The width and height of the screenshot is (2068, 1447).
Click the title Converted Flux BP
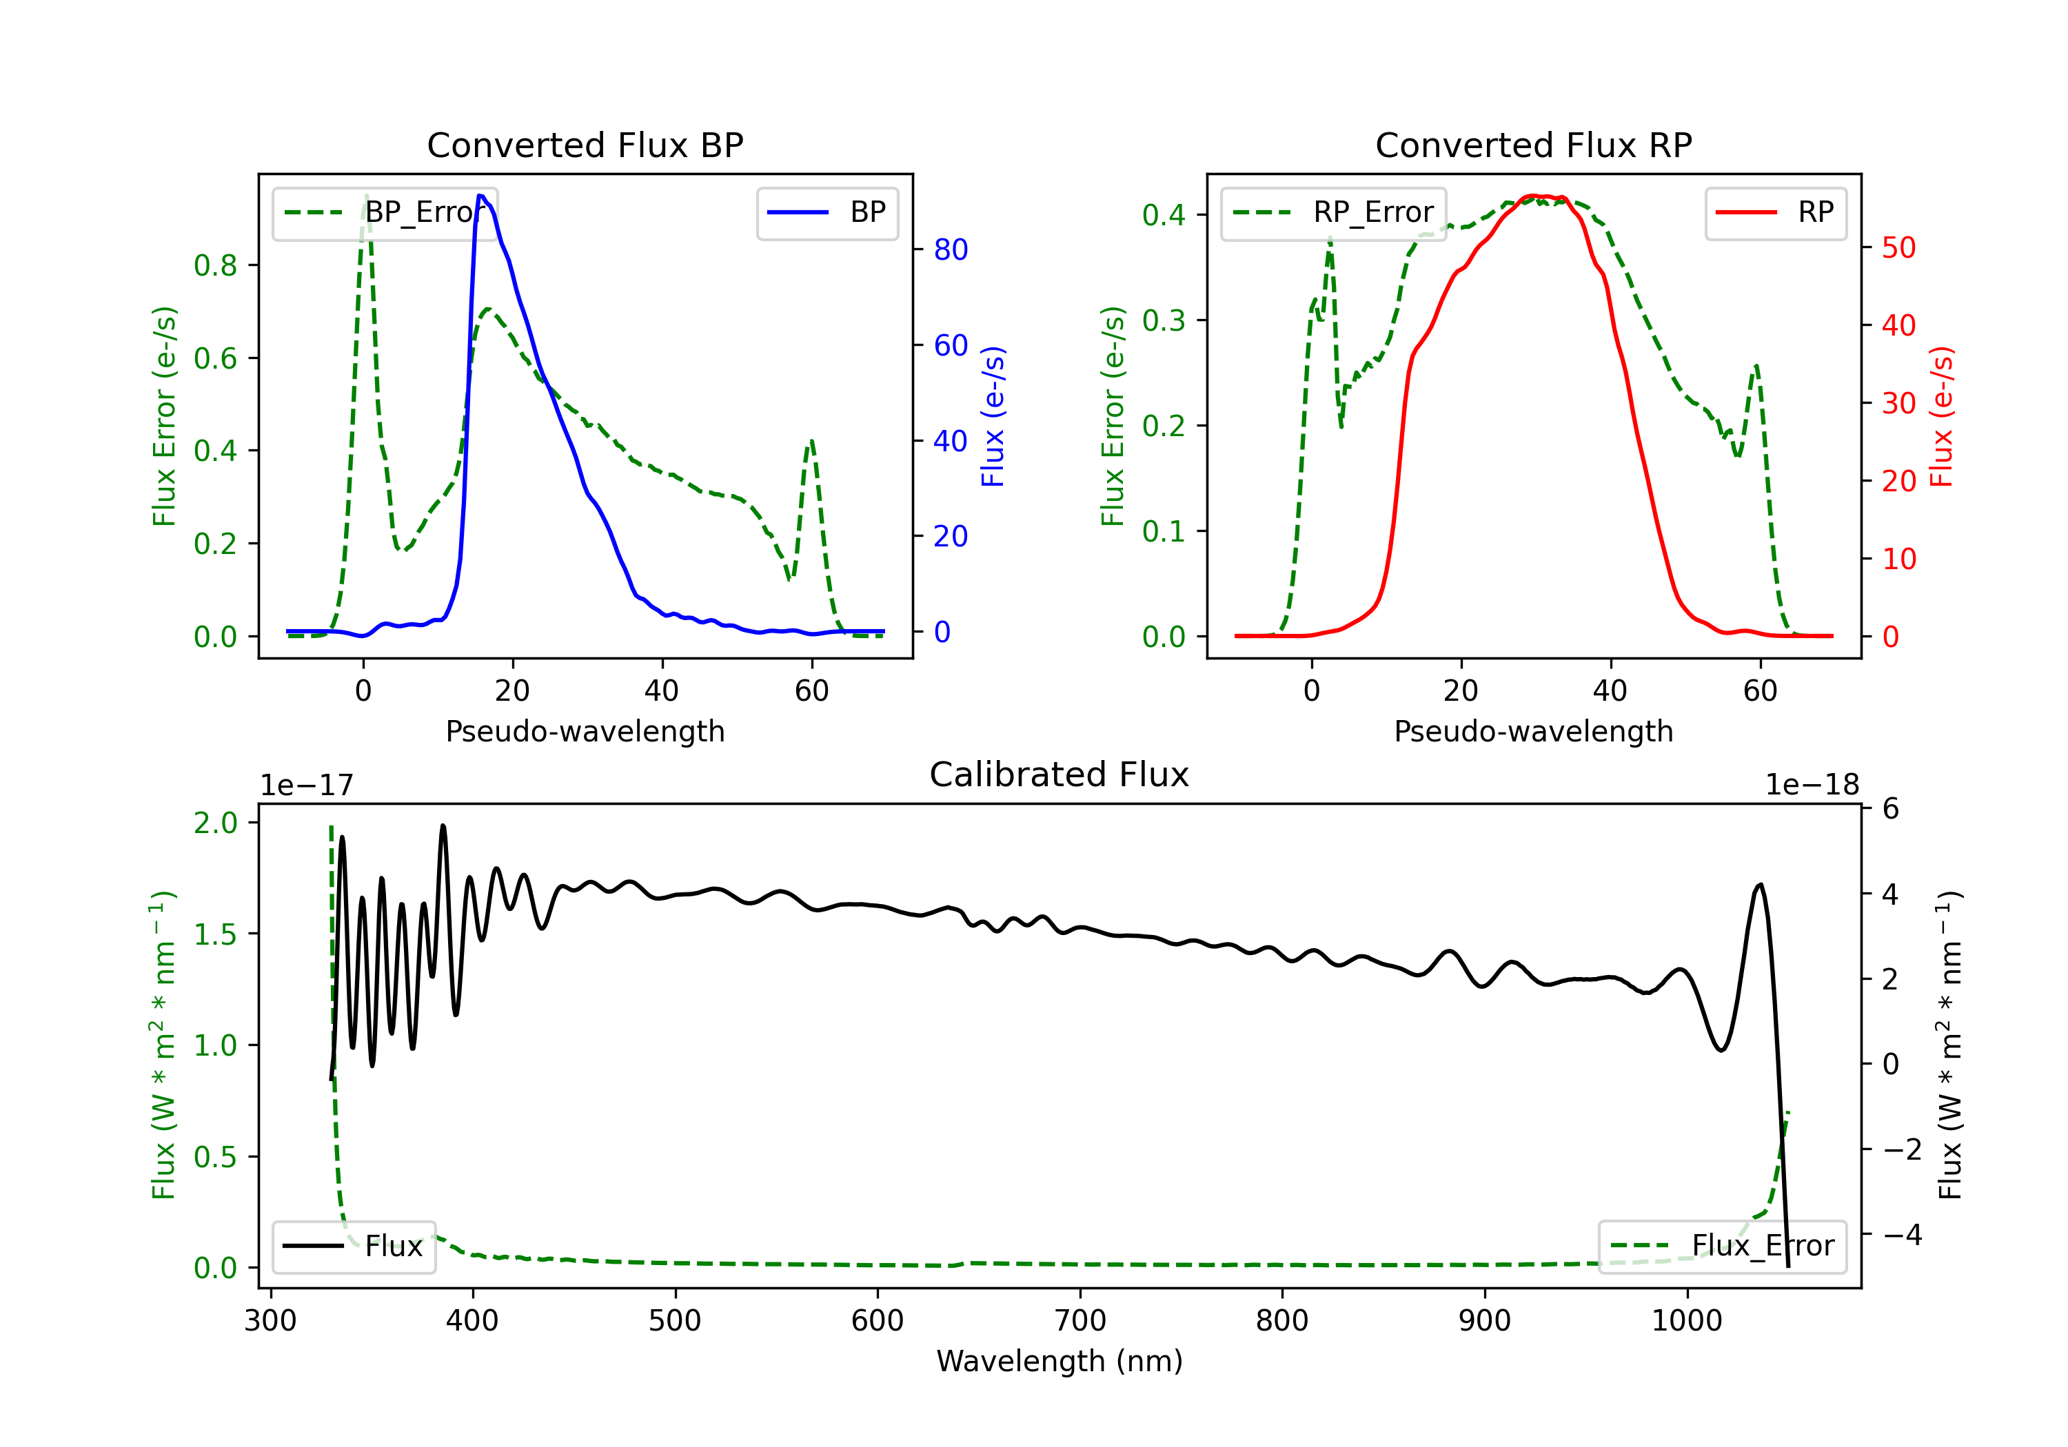tap(585, 145)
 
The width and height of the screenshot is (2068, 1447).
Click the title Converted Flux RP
tap(1533, 145)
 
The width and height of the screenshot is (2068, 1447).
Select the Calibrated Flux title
tap(1060, 774)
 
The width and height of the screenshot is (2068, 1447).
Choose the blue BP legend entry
tap(827, 212)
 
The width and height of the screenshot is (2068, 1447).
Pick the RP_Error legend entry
tap(1333, 212)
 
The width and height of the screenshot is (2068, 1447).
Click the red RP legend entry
tap(1775, 212)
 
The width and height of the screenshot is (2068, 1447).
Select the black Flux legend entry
tap(353, 1246)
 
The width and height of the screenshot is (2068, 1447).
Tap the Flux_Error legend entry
tap(1722, 1246)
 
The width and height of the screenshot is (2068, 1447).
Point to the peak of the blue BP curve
tap(480, 196)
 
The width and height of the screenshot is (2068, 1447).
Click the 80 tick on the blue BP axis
tap(950, 249)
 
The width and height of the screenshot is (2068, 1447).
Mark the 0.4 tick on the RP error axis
tap(1163, 214)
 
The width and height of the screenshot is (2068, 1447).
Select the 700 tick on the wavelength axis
tap(1080, 1321)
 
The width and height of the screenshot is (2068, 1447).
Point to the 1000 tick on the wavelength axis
tap(1687, 1321)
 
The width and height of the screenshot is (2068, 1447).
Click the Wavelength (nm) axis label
tap(1060, 1361)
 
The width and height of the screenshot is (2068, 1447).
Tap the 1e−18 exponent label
tap(1812, 786)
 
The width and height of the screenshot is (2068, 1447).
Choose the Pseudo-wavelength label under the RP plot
tap(1533, 731)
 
